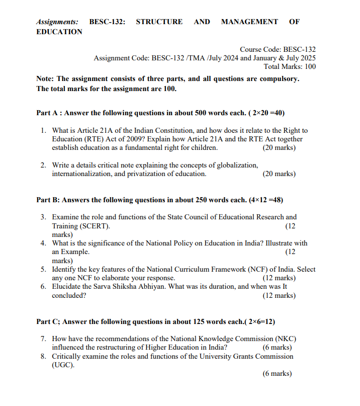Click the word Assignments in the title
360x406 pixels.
pyautogui.click(x=57, y=22)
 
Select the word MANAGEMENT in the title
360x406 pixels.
pyautogui.click(x=249, y=22)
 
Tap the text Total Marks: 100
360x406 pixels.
pyautogui.click(x=290, y=66)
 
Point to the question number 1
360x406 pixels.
pyautogui.click(x=44, y=131)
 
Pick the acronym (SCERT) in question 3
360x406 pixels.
pyautogui.click(x=94, y=226)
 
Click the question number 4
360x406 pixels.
pyautogui.click(x=44, y=243)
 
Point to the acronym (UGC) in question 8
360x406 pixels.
pyautogui.click(x=63, y=365)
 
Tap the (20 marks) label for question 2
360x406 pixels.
pyautogui.click(x=279, y=174)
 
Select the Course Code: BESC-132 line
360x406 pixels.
pyautogui.click(x=278, y=49)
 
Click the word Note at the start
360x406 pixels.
pyautogui.click(x=45, y=79)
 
